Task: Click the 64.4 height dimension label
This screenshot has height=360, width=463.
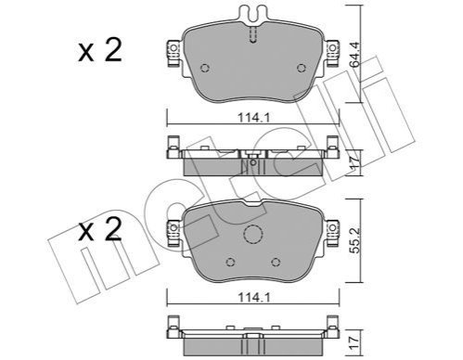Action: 355,54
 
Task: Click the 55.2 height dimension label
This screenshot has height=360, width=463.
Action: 355,240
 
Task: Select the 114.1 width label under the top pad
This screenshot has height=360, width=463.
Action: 254,118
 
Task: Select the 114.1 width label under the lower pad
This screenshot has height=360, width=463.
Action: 254,298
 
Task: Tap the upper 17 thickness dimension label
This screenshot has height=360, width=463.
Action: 355,161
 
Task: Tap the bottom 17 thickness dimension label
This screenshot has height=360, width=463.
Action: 355,342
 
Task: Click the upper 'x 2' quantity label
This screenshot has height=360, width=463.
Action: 100,51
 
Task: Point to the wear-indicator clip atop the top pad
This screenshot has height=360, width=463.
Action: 253,14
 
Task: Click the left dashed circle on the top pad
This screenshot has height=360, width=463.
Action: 205,68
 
